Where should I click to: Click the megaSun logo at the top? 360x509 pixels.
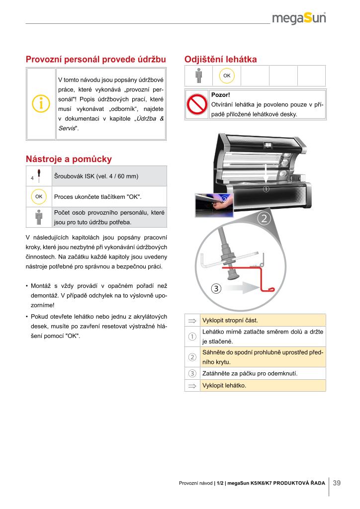click(x=304, y=18)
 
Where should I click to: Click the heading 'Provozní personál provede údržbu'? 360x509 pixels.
click(x=95, y=60)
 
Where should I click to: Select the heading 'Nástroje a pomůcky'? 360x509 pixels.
click(x=69, y=159)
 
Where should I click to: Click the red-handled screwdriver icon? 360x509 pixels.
click(x=39, y=176)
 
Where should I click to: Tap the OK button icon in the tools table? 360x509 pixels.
click(x=39, y=196)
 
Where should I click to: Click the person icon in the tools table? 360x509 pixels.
click(x=39, y=217)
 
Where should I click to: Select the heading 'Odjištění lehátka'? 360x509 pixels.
click(x=220, y=60)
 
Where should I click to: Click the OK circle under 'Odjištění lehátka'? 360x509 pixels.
click(x=227, y=76)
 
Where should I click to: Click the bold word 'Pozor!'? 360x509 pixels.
click(x=220, y=94)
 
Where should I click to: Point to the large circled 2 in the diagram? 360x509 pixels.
click(x=264, y=218)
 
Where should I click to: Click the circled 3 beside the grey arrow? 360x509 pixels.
click(x=215, y=289)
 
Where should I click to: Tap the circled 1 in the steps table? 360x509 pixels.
click(x=192, y=337)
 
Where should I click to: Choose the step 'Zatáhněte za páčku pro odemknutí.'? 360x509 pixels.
click(x=250, y=373)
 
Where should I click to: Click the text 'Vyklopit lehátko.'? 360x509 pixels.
click(x=224, y=385)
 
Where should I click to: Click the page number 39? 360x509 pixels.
click(x=337, y=483)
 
